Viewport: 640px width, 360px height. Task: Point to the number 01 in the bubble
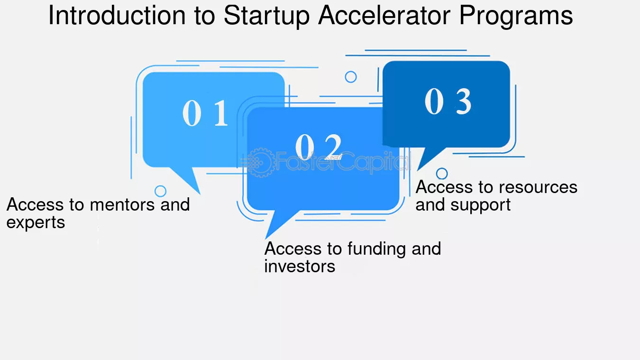pos(205,114)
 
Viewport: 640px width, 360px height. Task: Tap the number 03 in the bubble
pos(448,102)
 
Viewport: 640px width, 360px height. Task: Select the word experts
pos(36,223)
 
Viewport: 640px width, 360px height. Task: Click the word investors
pos(300,267)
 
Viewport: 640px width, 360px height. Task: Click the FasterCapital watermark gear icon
pos(259,162)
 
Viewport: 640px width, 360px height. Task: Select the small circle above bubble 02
pos(351,77)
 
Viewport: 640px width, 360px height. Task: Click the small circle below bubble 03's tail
pos(442,174)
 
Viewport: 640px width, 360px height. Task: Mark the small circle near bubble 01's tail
pos(161,191)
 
